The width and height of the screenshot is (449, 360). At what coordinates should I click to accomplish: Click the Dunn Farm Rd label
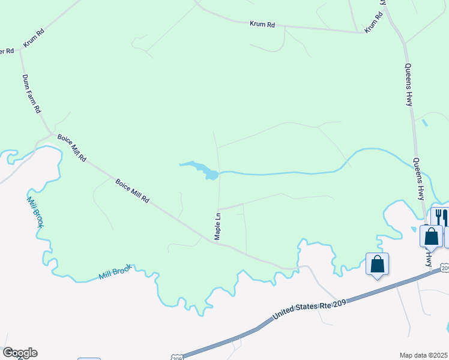[31, 94]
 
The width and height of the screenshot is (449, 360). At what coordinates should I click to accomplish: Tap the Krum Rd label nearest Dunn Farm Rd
[34, 37]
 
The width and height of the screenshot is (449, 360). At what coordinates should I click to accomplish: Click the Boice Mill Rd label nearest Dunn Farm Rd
[72, 148]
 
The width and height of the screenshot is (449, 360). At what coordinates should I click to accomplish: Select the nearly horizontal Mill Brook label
[115, 272]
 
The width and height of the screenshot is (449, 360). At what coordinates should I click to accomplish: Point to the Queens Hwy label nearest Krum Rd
[408, 85]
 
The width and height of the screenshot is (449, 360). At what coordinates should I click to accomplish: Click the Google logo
[20, 353]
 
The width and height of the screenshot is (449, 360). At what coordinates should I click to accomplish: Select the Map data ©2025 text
[423, 355]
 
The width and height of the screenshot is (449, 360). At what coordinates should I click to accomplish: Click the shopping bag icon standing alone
[377, 263]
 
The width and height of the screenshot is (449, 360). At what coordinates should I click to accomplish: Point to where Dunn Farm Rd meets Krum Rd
[20, 50]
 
